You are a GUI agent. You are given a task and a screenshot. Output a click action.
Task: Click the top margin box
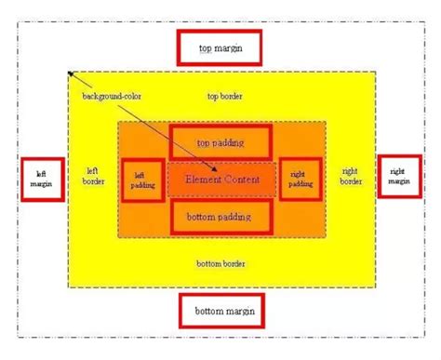(219, 47)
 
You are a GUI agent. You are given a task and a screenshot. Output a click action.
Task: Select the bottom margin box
(219, 310)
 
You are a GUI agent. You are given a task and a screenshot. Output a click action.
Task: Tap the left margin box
(41, 178)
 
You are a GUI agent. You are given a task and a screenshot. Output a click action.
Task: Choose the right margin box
(398, 176)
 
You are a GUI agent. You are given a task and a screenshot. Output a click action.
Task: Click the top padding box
(220, 142)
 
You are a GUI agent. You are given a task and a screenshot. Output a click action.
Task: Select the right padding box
(300, 179)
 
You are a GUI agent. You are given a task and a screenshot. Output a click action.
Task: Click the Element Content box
(221, 178)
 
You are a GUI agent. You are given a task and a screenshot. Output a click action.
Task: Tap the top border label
(224, 96)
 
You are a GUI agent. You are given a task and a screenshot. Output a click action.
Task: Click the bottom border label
(221, 264)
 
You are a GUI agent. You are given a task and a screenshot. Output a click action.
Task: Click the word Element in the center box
(203, 178)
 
